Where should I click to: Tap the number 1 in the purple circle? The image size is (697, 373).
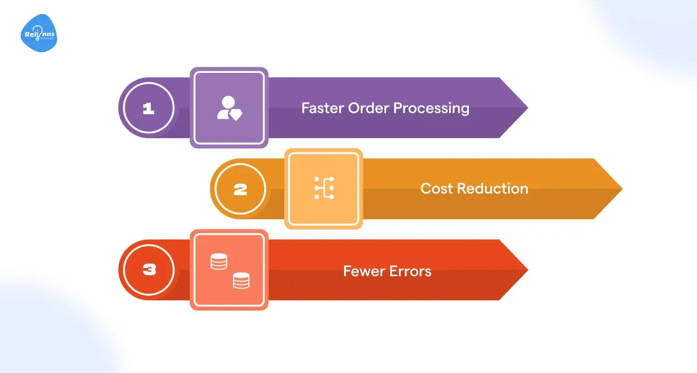(x=148, y=109)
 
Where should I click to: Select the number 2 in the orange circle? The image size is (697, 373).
(x=240, y=190)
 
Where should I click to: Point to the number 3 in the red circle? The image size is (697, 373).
(x=148, y=270)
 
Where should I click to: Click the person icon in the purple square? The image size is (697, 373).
(x=226, y=107)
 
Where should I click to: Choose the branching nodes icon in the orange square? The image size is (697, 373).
(x=324, y=188)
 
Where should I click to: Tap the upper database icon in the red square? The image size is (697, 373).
(x=218, y=262)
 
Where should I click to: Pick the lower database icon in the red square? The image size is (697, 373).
(x=241, y=281)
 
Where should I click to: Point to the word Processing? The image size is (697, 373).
(x=431, y=108)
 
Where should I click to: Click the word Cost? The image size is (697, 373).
(x=437, y=189)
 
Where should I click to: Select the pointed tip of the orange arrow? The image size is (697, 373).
(x=621, y=189)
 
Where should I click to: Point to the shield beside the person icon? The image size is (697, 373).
(x=236, y=114)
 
